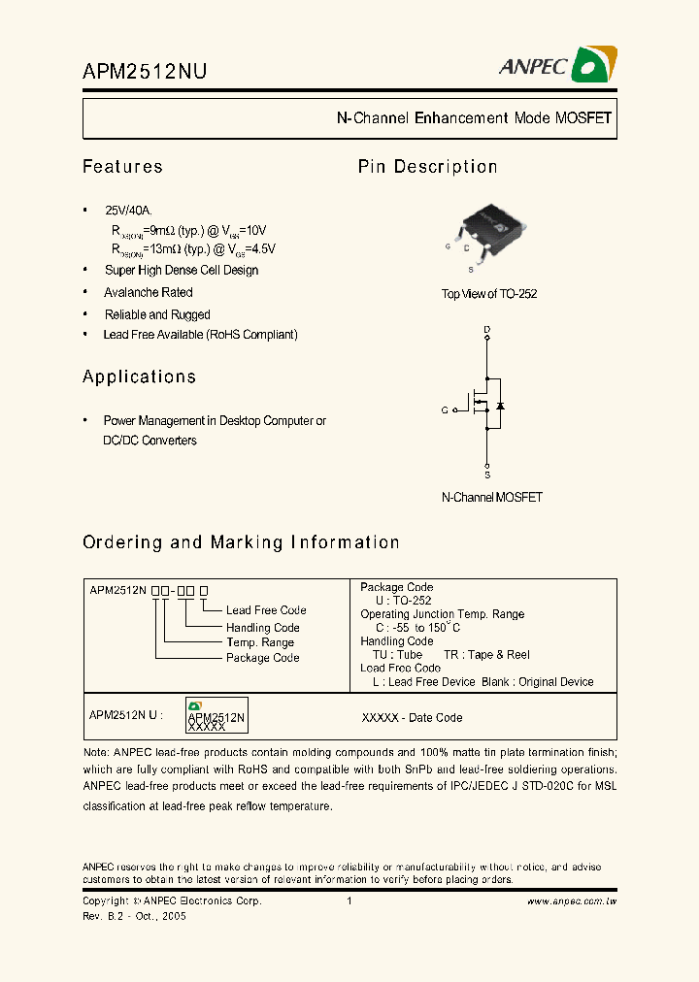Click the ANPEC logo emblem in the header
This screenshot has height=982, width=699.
tap(593, 65)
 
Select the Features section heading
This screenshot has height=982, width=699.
tap(122, 167)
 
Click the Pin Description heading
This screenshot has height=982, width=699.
tap(427, 167)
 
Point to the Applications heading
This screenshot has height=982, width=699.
tap(139, 376)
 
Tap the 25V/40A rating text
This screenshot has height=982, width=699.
tap(128, 211)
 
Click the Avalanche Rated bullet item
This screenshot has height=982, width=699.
tap(149, 292)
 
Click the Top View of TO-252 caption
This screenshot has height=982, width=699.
tap(489, 294)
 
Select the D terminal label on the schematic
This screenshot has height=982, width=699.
tap(487, 330)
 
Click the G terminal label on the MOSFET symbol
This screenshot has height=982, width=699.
tap(445, 410)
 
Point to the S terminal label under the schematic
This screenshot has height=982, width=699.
tap(487, 475)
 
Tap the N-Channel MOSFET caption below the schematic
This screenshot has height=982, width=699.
tap(491, 497)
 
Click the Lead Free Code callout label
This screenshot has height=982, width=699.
tap(266, 610)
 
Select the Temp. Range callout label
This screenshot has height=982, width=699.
tap(259, 642)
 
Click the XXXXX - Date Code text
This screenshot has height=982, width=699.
tap(412, 718)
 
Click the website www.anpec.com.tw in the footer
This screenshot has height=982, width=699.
tap(572, 901)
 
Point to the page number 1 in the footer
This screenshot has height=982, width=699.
tap(349, 901)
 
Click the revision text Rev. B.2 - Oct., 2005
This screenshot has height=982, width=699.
tap(134, 915)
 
